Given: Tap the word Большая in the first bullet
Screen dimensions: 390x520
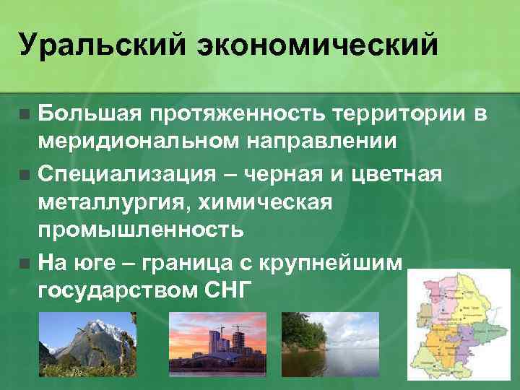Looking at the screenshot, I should (90, 114).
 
